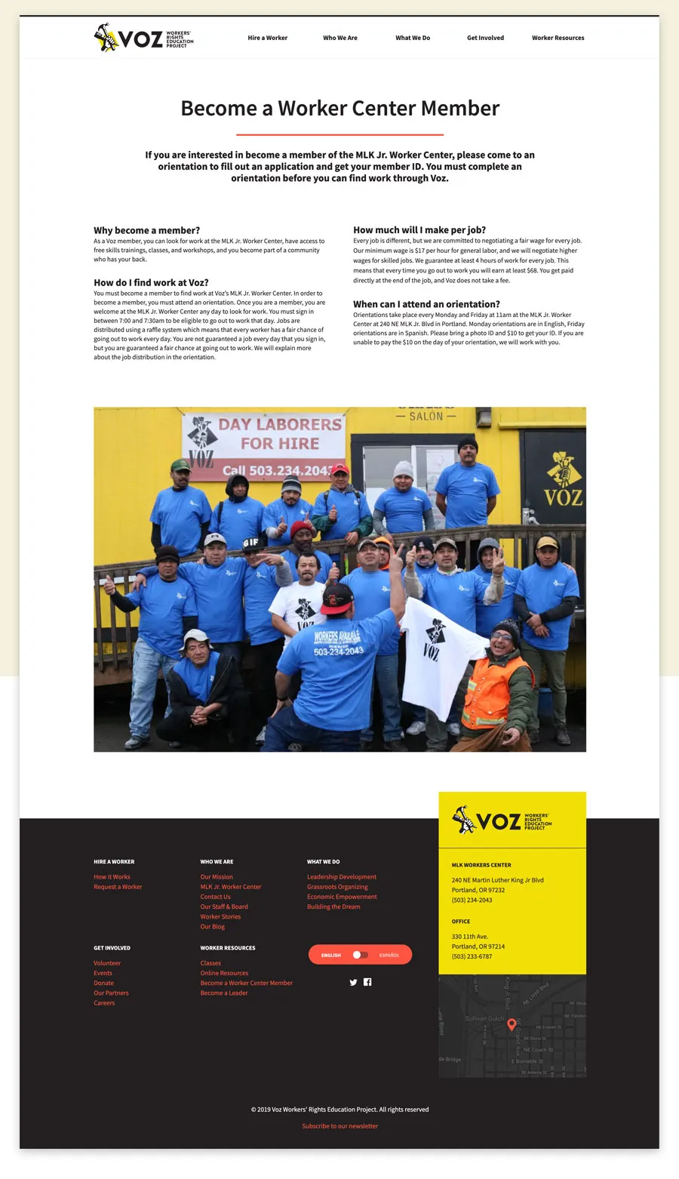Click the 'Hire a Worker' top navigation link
(x=267, y=38)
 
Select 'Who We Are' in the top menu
(x=340, y=38)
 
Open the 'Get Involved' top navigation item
(x=485, y=38)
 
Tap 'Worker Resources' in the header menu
(x=558, y=38)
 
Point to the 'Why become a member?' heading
(x=147, y=230)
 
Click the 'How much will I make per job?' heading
(x=419, y=230)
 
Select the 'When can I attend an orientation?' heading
(x=426, y=304)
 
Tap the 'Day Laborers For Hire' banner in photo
(x=264, y=445)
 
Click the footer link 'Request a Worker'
(x=118, y=887)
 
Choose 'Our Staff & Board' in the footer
(x=224, y=907)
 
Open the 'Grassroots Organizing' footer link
(x=337, y=887)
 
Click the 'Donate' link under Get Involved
(x=104, y=983)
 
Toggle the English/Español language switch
(x=361, y=955)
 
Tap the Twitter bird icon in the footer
(x=353, y=982)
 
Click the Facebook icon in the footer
(x=367, y=982)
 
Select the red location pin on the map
(x=512, y=1024)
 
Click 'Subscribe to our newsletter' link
(x=339, y=1126)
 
